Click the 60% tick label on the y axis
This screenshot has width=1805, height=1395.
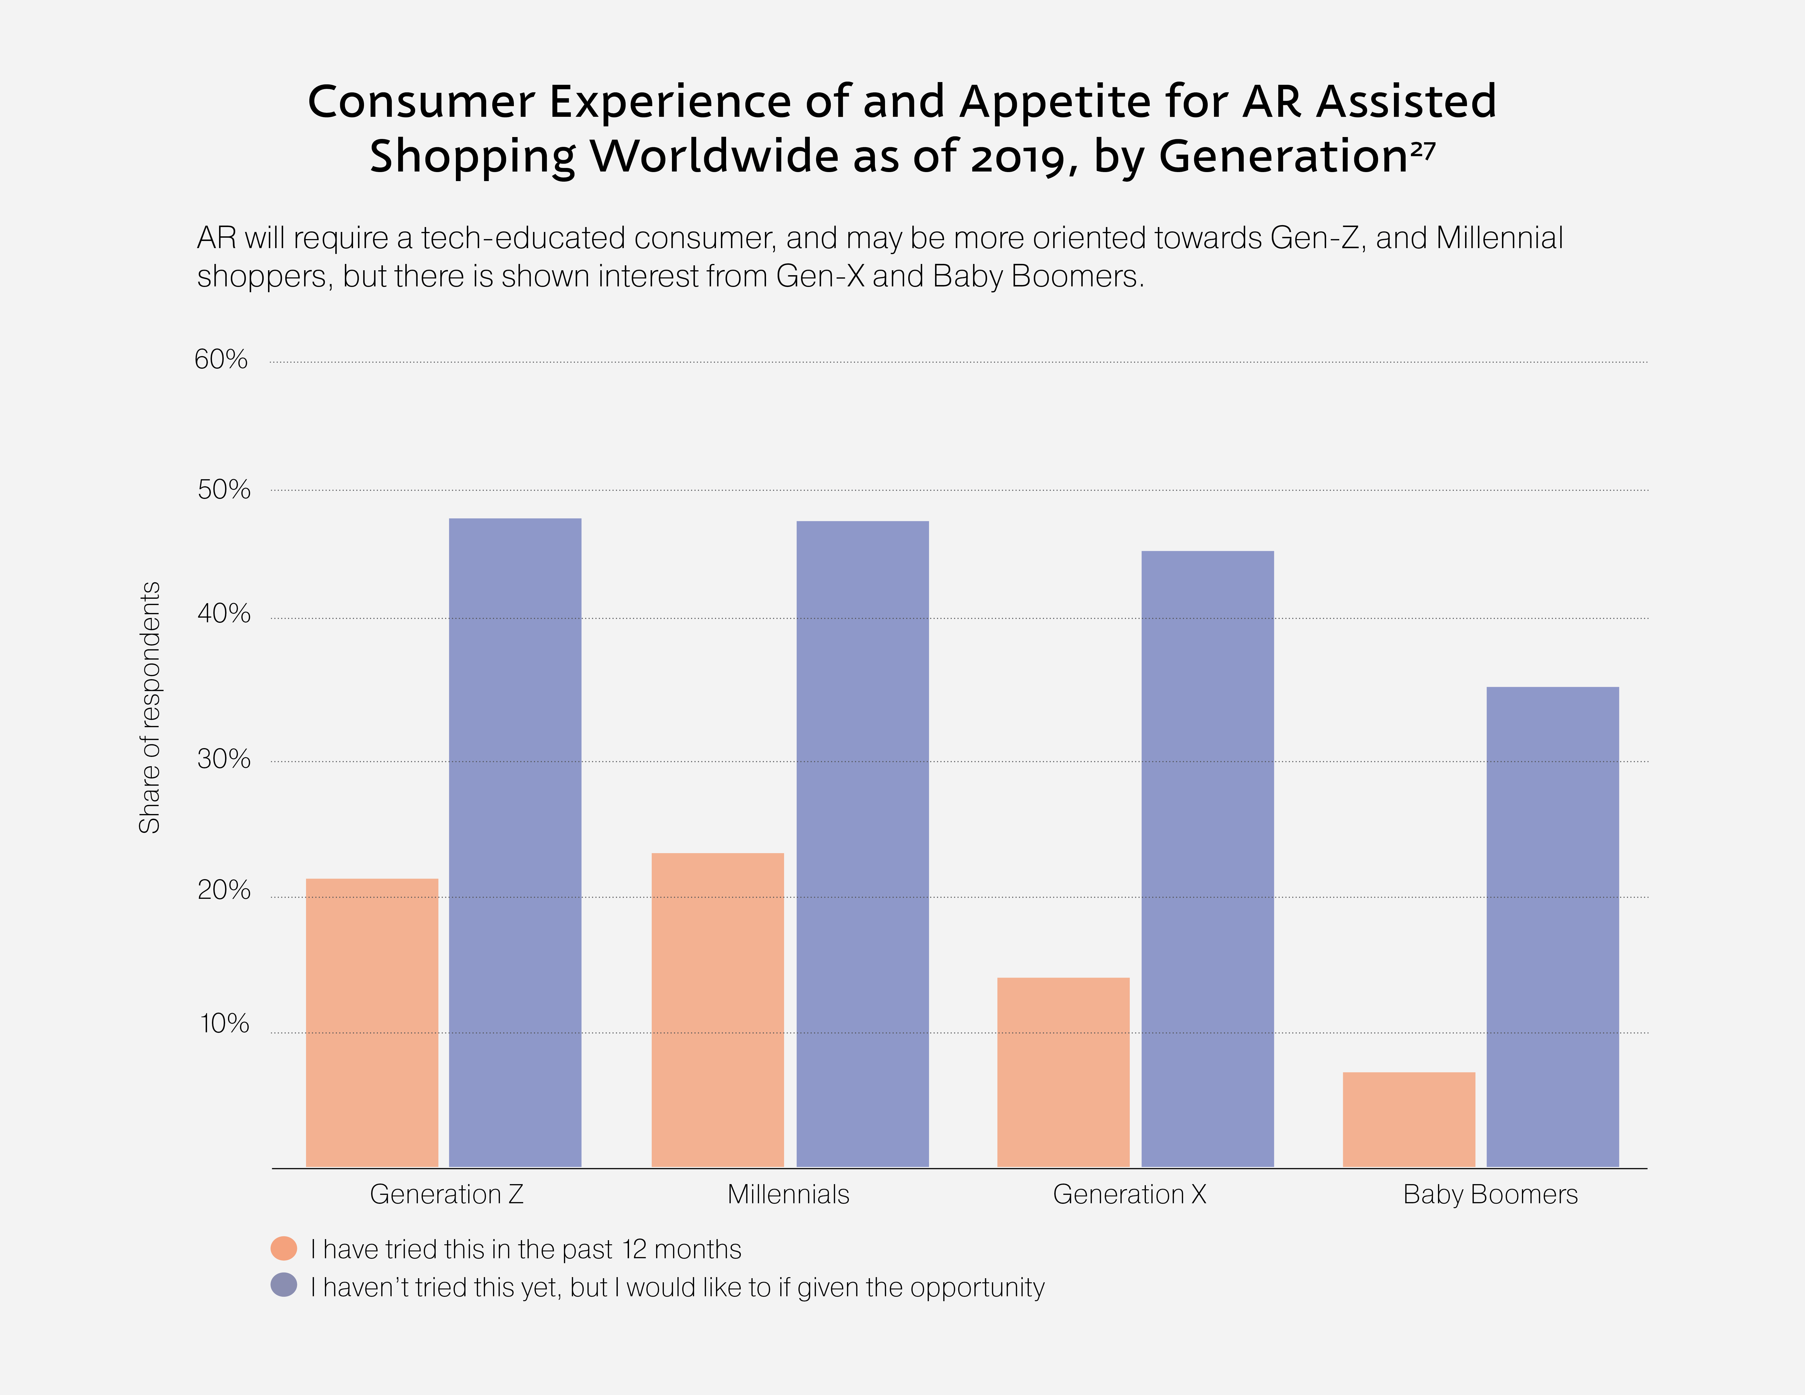pyautogui.click(x=221, y=359)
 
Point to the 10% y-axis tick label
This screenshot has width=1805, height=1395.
pyautogui.click(x=224, y=1024)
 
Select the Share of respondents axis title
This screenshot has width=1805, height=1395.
pyautogui.click(x=150, y=707)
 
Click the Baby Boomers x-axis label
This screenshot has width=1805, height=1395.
pyautogui.click(x=1490, y=1194)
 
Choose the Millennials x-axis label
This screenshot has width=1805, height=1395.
pyautogui.click(x=788, y=1194)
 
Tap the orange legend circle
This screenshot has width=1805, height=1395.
pyautogui.click(x=284, y=1248)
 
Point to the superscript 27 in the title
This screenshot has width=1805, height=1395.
pyautogui.click(x=1423, y=149)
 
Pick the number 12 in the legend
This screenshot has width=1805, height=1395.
pyautogui.click(x=635, y=1249)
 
